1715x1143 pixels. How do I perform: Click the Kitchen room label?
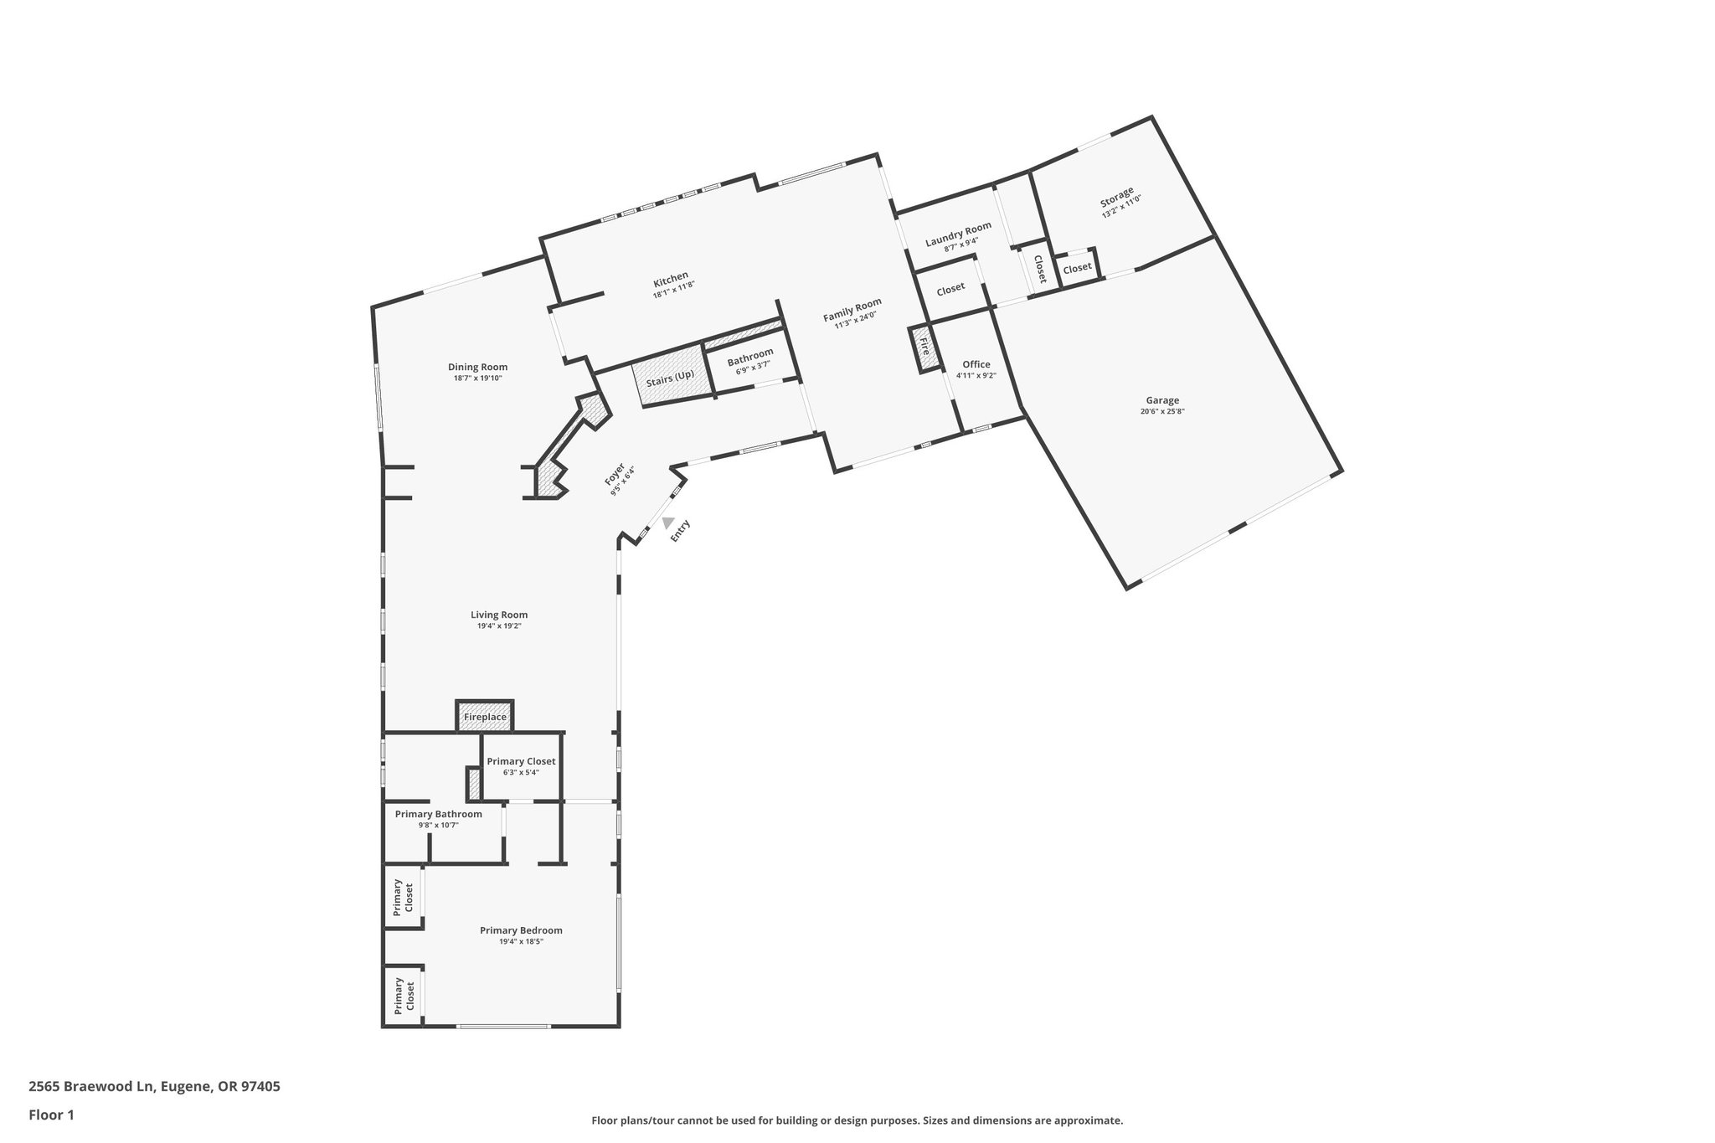(x=671, y=276)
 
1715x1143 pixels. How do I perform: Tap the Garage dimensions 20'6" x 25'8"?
(x=1162, y=411)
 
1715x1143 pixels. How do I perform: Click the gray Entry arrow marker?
(x=667, y=523)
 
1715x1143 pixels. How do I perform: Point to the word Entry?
(x=680, y=531)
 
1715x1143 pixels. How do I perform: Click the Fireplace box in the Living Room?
(x=485, y=718)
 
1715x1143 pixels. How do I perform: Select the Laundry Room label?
(x=958, y=234)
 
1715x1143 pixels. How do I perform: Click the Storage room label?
(x=1117, y=198)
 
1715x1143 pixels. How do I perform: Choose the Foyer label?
(x=615, y=476)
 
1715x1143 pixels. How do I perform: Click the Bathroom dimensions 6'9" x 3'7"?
(x=753, y=366)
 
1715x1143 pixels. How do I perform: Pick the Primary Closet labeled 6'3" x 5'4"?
(x=521, y=761)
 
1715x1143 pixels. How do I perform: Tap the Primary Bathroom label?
(x=438, y=814)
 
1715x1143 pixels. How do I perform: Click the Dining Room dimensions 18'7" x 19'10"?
(x=477, y=378)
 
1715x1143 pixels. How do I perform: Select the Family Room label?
(x=852, y=310)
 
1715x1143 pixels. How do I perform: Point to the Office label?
(x=976, y=364)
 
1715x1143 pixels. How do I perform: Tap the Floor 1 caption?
(x=51, y=1115)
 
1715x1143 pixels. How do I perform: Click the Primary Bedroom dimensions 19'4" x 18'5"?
(x=521, y=941)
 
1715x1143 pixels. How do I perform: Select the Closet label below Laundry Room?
(x=950, y=290)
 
